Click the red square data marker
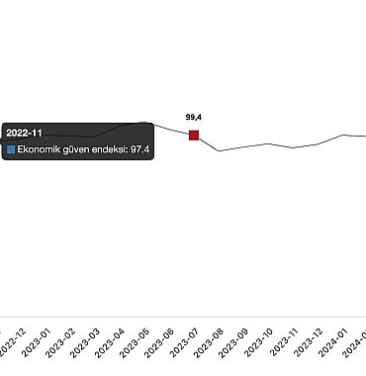point(194,136)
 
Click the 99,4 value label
point(194,117)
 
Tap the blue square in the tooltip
point(11,149)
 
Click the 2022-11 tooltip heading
point(24,133)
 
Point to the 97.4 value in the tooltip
point(140,149)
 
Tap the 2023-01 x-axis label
point(36,342)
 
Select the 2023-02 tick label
point(60,342)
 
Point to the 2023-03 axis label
point(85,342)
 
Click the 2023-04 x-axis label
point(110,342)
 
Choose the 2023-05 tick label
point(135,342)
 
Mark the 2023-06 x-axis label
point(159,342)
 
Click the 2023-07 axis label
point(184,342)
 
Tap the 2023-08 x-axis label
point(209,342)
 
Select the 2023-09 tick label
point(233,342)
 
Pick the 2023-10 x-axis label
point(259,342)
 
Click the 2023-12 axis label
point(309,342)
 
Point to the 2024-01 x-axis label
point(333,342)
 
